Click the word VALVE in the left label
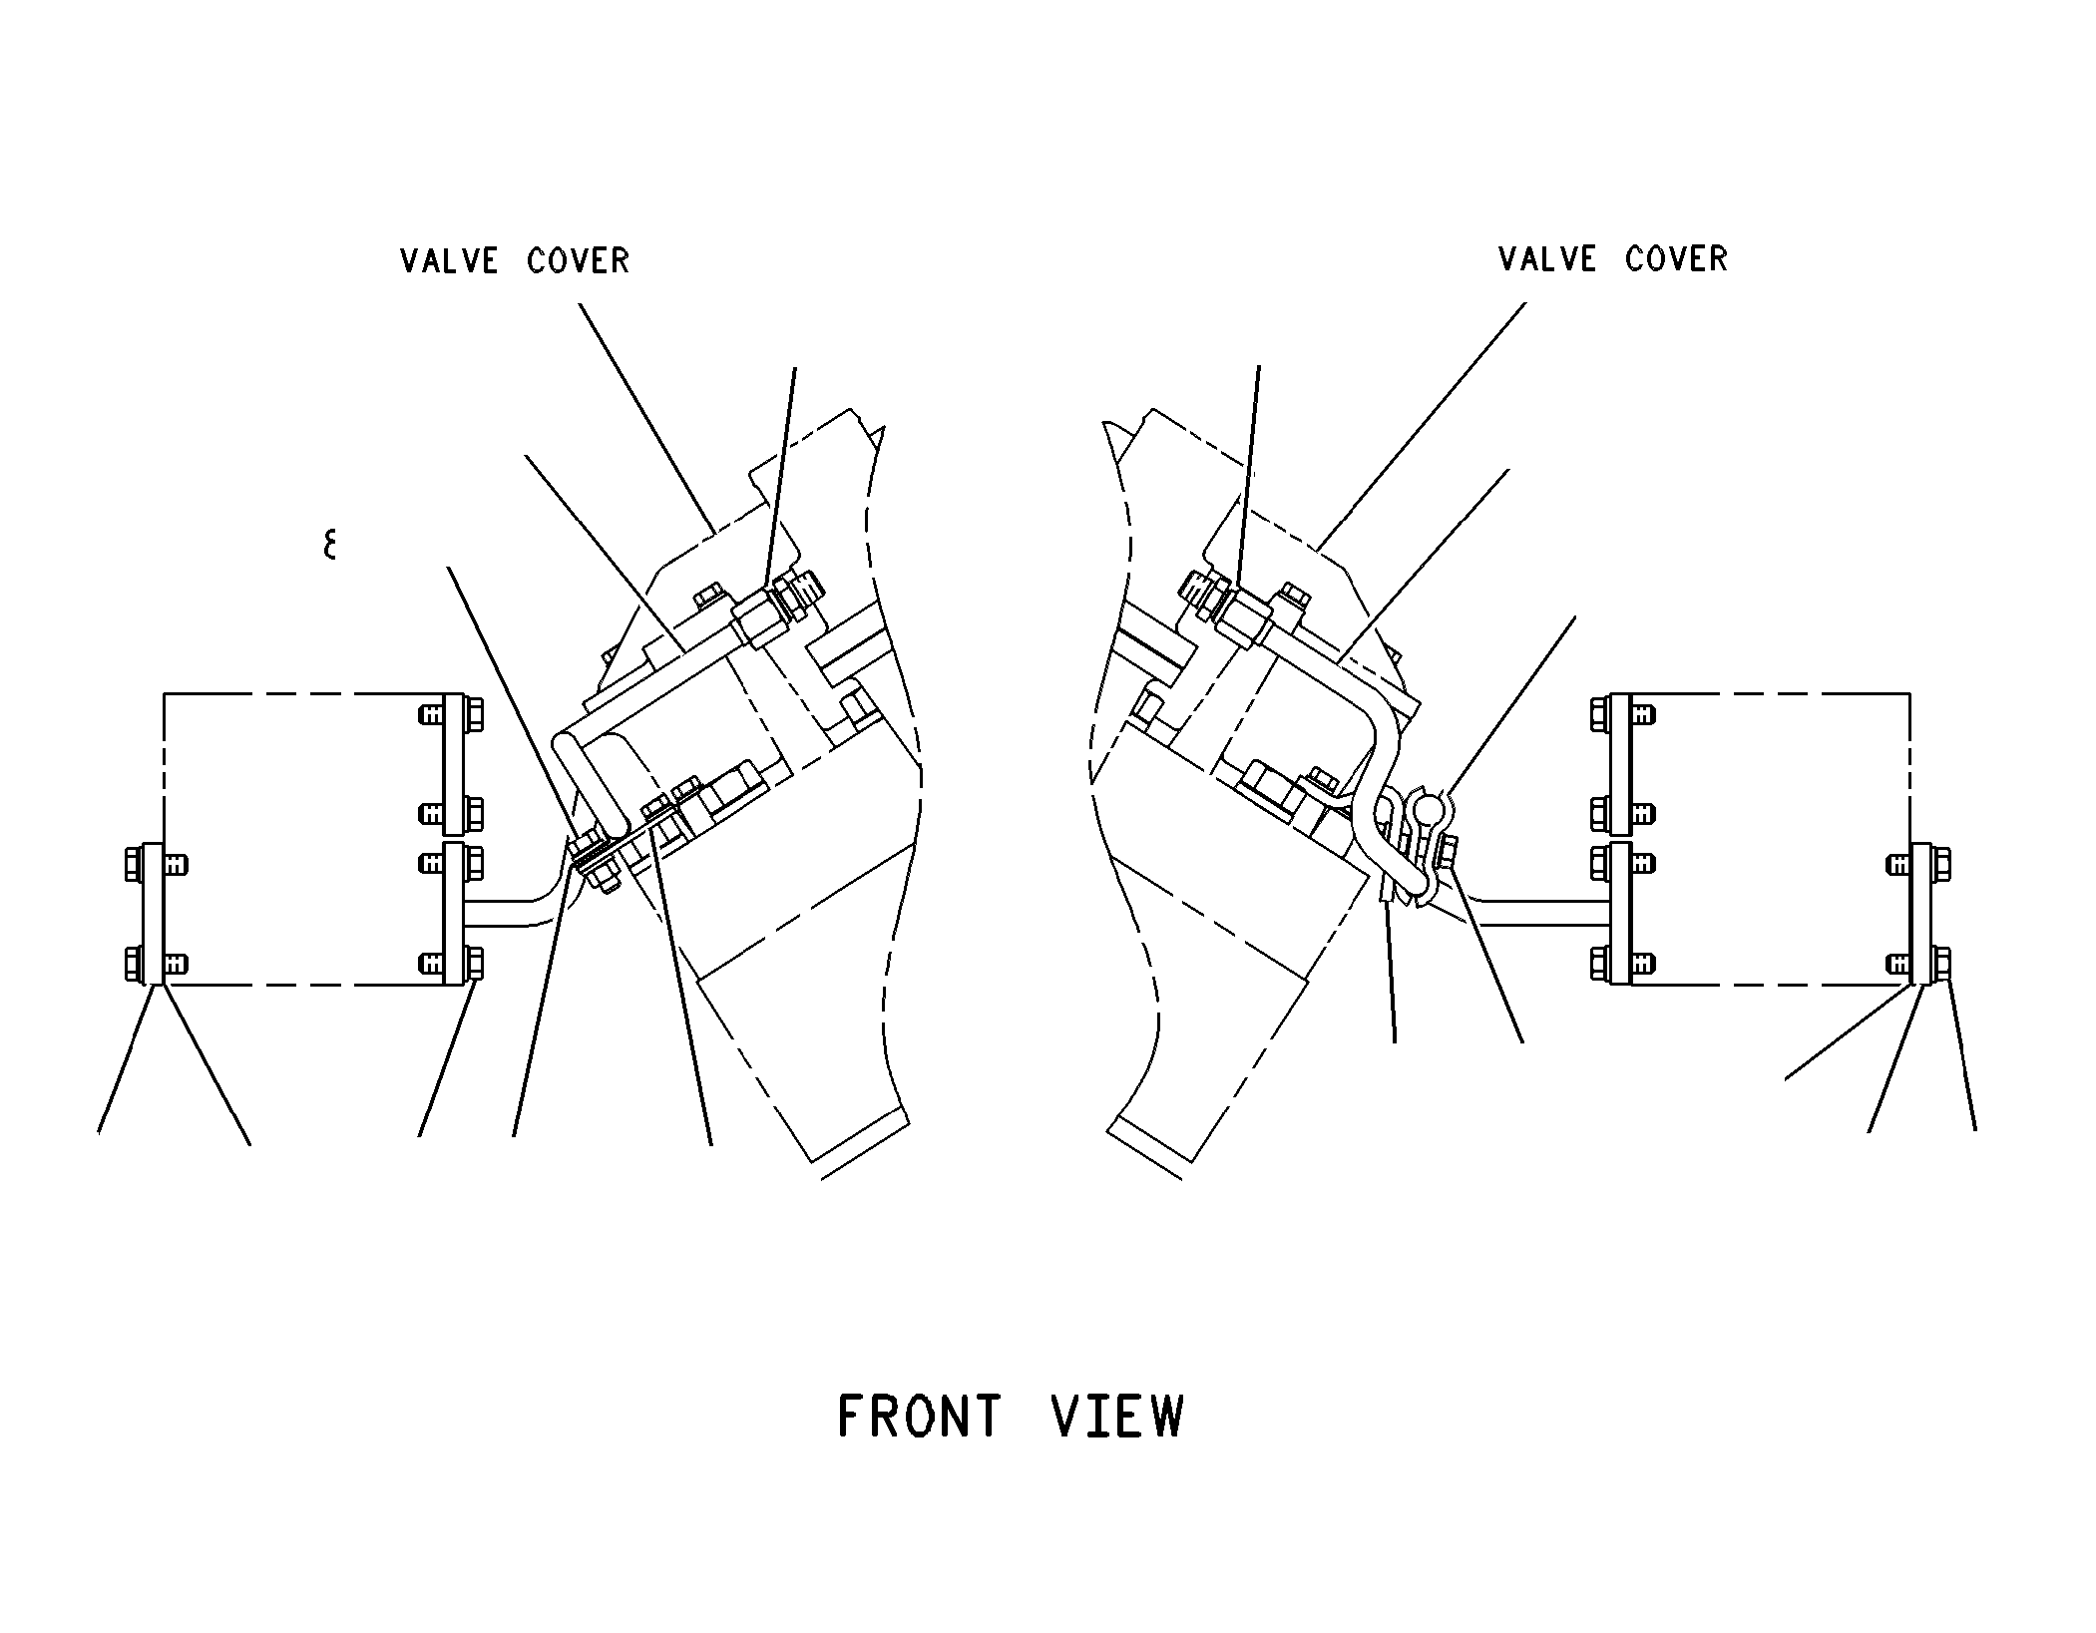coord(449,261)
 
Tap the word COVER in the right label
coord(1676,259)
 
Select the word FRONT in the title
coord(919,1416)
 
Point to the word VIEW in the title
coord(1118,1416)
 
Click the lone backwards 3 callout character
coord(329,545)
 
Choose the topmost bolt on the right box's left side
coord(1622,714)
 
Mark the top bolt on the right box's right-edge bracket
coord(1919,864)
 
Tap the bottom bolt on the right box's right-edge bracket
coord(1919,964)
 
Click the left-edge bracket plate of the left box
coord(152,914)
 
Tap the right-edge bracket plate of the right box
coord(1920,914)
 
